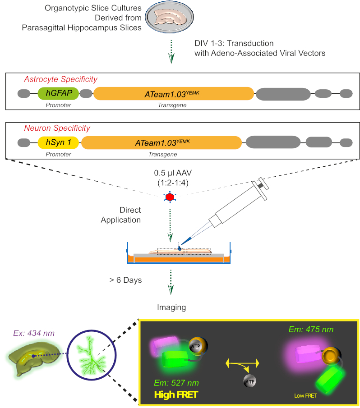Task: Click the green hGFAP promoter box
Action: point(58,93)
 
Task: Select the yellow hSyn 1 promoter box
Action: point(58,142)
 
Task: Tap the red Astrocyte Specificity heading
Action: point(60,79)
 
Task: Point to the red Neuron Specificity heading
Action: point(57,128)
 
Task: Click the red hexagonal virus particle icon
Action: point(170,197)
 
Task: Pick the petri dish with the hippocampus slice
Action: point(169,17)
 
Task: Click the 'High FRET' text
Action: point(176,395)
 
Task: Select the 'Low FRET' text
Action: point(305,396)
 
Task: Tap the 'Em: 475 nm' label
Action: point(311,330)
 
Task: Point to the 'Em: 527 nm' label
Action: point(176,383)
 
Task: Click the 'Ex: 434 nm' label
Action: point(34,333)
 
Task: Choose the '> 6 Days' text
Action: point(125,280)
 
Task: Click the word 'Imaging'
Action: point(171,307)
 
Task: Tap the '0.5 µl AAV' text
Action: point(173,173)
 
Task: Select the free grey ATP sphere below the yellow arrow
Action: point(249,382)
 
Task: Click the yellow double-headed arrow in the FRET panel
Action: point(242,363)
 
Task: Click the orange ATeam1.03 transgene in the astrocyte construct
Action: point(174,94)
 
